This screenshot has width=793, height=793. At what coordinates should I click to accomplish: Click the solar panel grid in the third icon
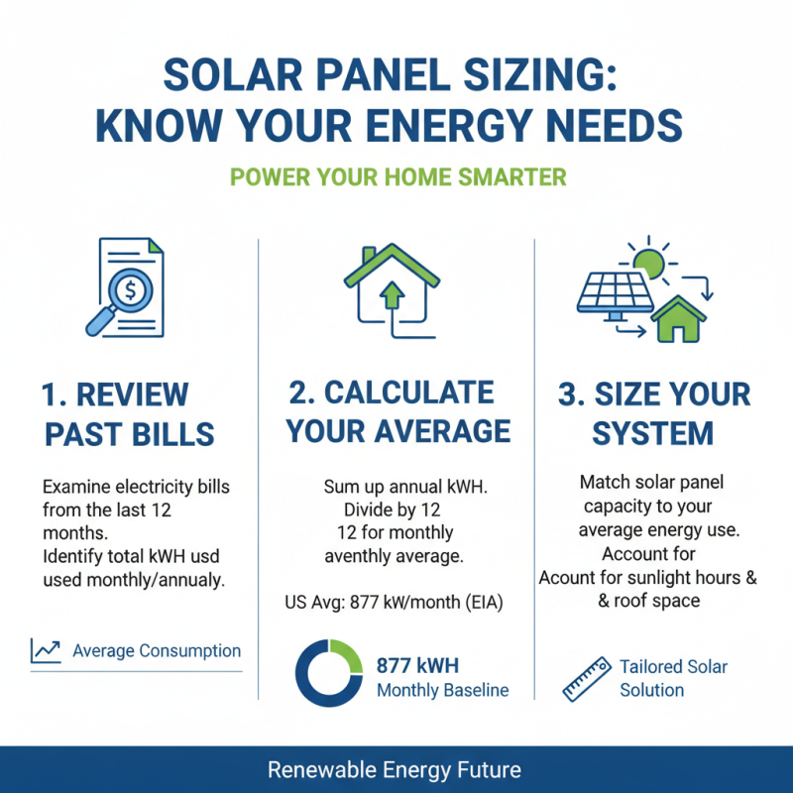615,293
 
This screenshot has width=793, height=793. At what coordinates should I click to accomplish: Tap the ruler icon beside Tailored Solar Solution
585,677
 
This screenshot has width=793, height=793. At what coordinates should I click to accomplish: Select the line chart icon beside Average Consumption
46,651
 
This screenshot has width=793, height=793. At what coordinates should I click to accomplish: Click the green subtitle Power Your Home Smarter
397,177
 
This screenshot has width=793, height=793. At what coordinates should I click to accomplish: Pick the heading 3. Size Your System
653,413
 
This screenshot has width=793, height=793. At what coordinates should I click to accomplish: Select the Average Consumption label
157,651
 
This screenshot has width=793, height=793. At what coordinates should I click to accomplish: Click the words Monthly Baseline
442,690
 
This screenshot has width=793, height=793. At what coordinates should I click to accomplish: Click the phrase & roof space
649,601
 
